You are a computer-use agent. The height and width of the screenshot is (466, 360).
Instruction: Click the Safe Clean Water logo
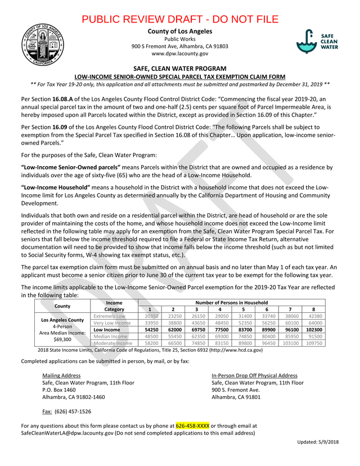318,41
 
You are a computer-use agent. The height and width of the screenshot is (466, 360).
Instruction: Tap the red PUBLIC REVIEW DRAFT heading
180,19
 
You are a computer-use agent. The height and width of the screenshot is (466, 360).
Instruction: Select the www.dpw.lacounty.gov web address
180,53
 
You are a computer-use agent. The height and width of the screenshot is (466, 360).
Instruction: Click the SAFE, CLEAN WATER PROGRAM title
180,67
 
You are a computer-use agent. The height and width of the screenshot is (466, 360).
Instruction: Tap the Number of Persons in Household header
232,303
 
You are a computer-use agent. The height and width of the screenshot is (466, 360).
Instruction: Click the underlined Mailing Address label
61,375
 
